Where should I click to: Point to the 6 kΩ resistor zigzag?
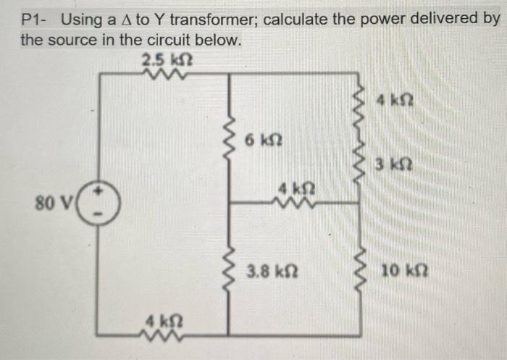point(230,137)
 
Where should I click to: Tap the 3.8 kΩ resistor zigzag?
point(230,273)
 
